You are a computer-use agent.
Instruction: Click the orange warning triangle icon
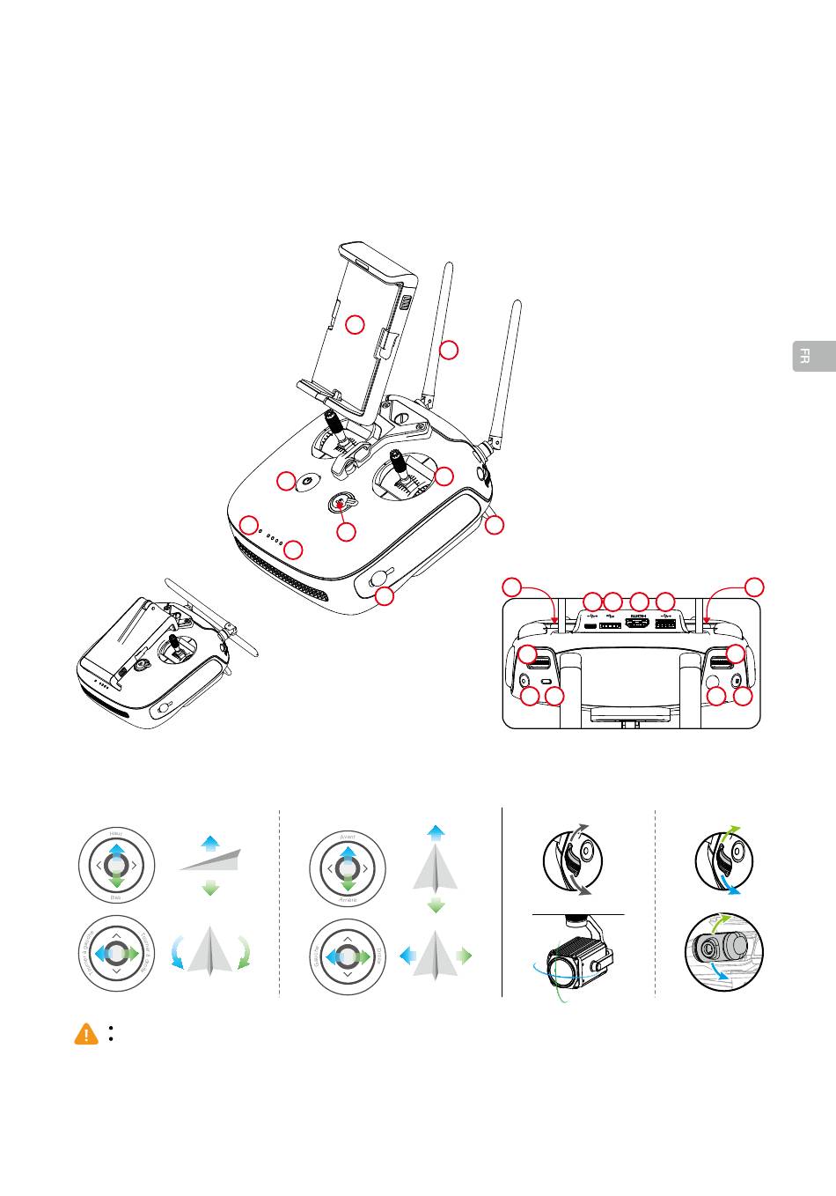pyautogui.click(x=86, y=1034)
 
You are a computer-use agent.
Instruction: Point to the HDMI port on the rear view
pyautogui.click(x=636, y=624)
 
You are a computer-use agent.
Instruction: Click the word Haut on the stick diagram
pyautogui.click(x=116, y=832)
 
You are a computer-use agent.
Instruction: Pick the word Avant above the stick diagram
pyautogui.click(x=348, y=835)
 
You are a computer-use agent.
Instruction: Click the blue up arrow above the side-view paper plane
pyautogui.click(x=209, y=843)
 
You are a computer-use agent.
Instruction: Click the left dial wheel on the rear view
pyautogui.click(x=539, y=659)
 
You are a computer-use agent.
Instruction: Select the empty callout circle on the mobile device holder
pyautogui.click(x=354, y=325)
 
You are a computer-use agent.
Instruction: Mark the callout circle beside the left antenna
pyautogui.click(x=449, y=350)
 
